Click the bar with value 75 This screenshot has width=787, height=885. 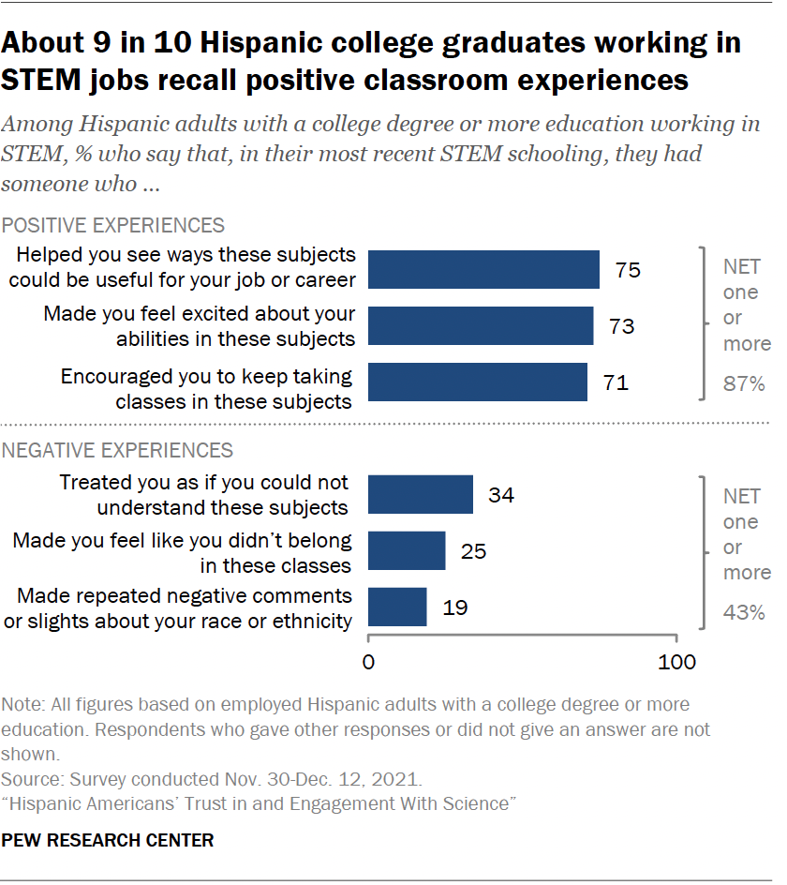click(483, 269)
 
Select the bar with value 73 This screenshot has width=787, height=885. click(481, 325)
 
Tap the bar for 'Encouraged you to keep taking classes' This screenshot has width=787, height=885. click(478, 382)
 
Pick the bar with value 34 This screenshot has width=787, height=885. click(421, 494)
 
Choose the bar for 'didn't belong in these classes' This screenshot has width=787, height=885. click(407, 550)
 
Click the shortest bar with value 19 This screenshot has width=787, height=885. click(397, 607)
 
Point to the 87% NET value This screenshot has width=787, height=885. click(745, 384)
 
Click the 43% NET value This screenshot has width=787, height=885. click(745, 613)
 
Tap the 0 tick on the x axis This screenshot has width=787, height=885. click(368, 662)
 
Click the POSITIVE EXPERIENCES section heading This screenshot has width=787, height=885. click(113, 225)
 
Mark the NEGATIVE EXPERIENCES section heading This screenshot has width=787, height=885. click(118, 450)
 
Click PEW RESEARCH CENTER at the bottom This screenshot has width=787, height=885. click(108, 840)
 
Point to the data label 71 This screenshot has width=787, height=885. click(616, 382)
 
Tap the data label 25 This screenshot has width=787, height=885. click(473, 551)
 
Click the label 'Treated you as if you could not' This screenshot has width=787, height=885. click(203, 483)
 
